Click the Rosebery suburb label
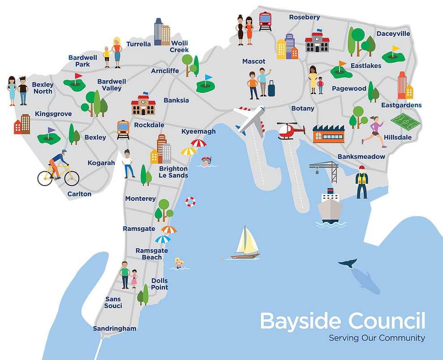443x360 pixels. [x=304, y=17]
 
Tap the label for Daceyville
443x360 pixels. [x=393, y=34]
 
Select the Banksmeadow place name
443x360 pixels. [x=361, y=156]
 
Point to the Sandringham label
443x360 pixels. [x=114, y=329]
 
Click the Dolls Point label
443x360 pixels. [x=159, y=284]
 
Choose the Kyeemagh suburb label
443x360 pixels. [x=198, y=131]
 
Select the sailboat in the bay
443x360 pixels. [x=245, y=243]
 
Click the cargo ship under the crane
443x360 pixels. [x=330, y=207]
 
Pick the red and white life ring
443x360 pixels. [x=191, y=202]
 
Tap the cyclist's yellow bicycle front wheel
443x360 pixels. [x=72, y=178]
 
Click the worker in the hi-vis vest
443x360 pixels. [x=361, y=182]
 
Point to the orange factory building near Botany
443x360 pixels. [x=328, y=134]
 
